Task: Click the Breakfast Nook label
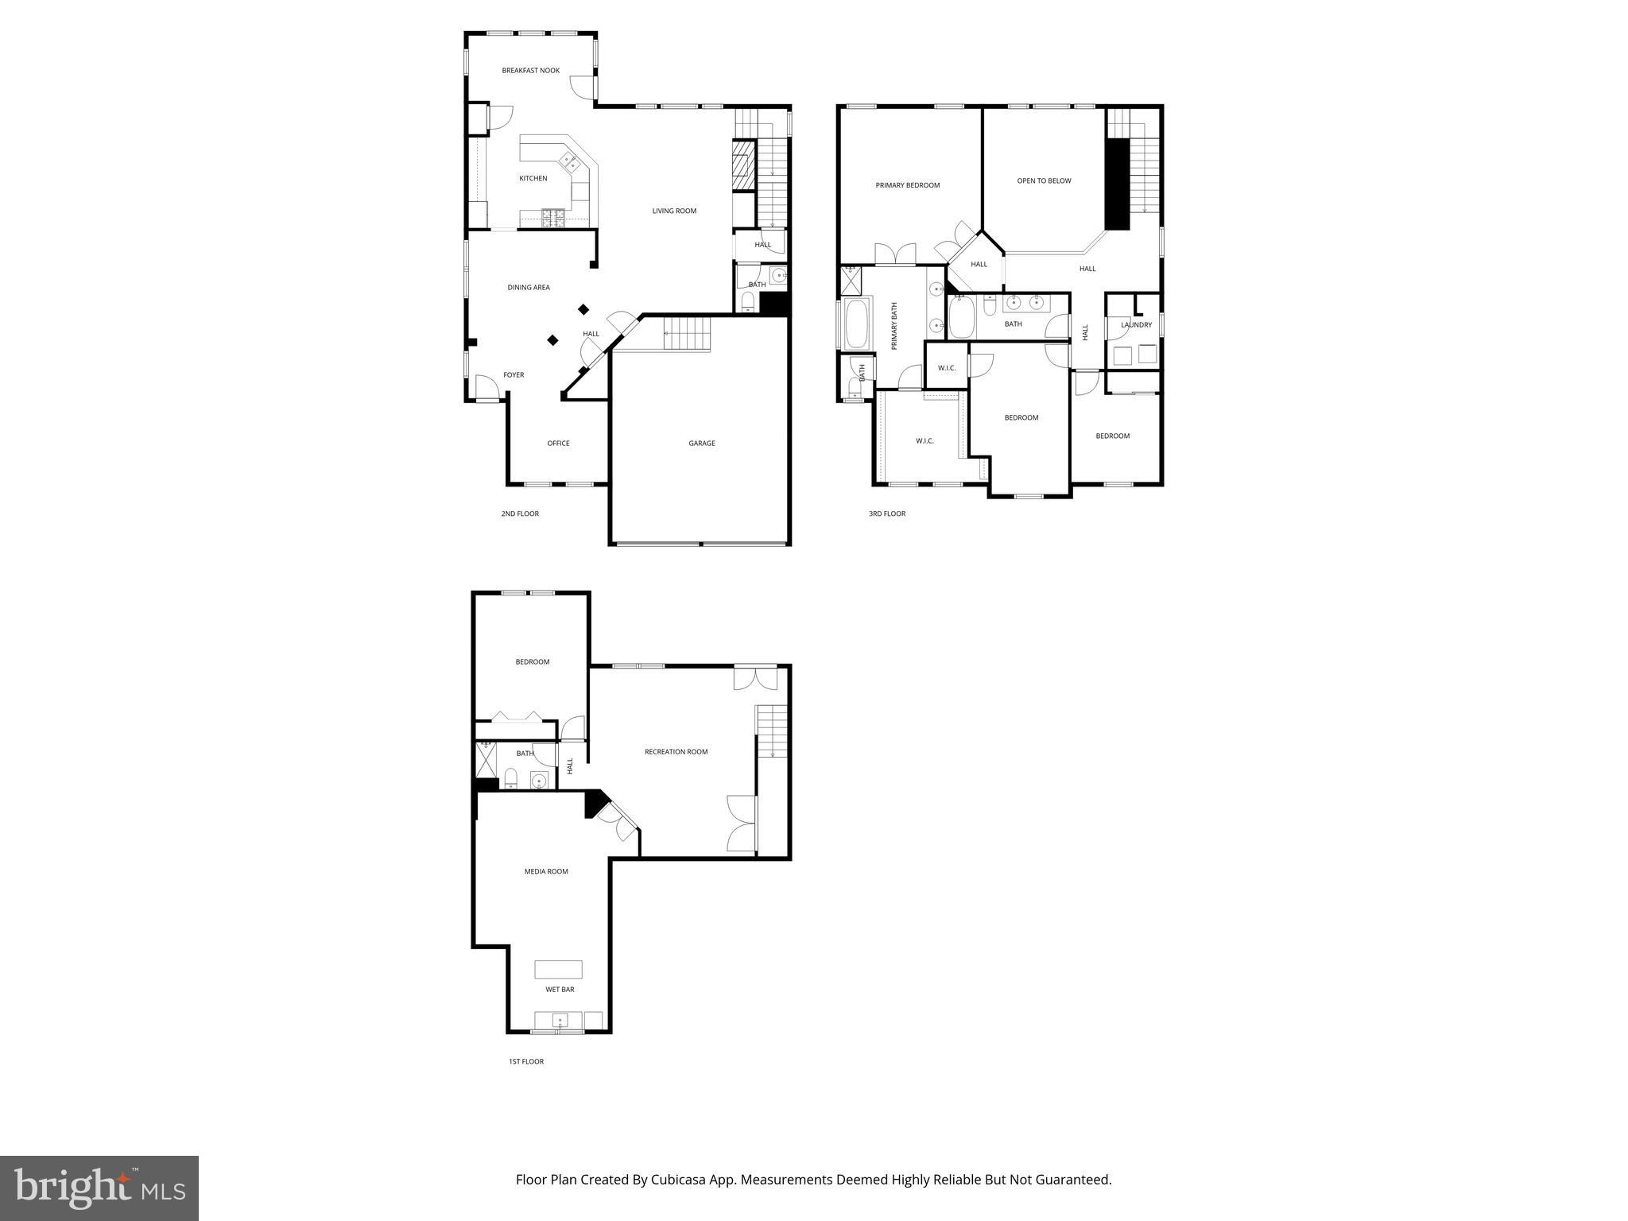(530, 71)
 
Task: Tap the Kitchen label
(533, 179)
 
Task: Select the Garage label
(701, 444)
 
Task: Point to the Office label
(558, 444)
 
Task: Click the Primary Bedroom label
(907, 185)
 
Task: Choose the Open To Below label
(1044, 181)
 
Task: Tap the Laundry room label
(1136, 325)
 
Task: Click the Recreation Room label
(676, 752)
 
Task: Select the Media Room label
(546, 872)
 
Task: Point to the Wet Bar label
(560, 990)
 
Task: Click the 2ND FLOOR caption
(520, 514)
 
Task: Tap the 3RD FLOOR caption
(886, 514)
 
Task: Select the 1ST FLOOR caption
(526, 1062)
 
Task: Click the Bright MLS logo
(99, 1188)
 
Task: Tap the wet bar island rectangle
(558, 969)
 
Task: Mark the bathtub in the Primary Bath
(857, 324)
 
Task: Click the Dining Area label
(529, 288)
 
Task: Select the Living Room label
(674, 211)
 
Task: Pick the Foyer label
(514, 375)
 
